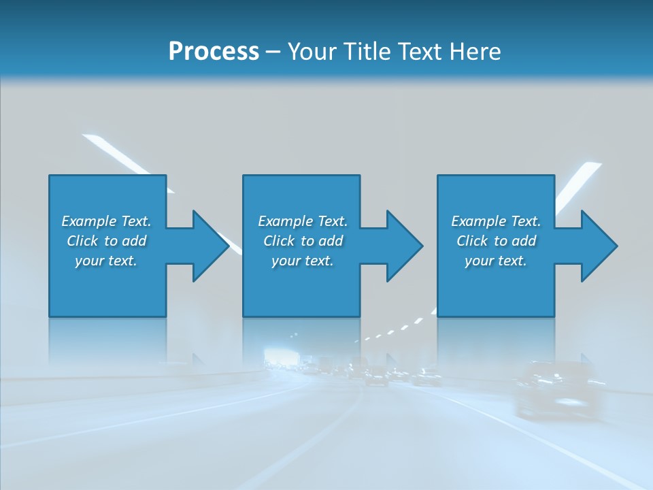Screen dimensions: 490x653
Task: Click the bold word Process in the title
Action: click(214, 52)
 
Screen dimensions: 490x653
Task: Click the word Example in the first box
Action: click(89, 221)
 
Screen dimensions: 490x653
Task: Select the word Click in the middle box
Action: click(279, 241)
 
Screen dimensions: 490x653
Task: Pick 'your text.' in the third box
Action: click(496, 261)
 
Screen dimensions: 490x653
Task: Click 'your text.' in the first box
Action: click(106, 261)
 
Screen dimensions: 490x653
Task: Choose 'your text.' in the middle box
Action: click(302, 261)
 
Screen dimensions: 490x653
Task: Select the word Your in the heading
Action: click(311, 52)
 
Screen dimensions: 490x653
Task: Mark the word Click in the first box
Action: click(82, 241)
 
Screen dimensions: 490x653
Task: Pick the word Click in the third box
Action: click(472, 241)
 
